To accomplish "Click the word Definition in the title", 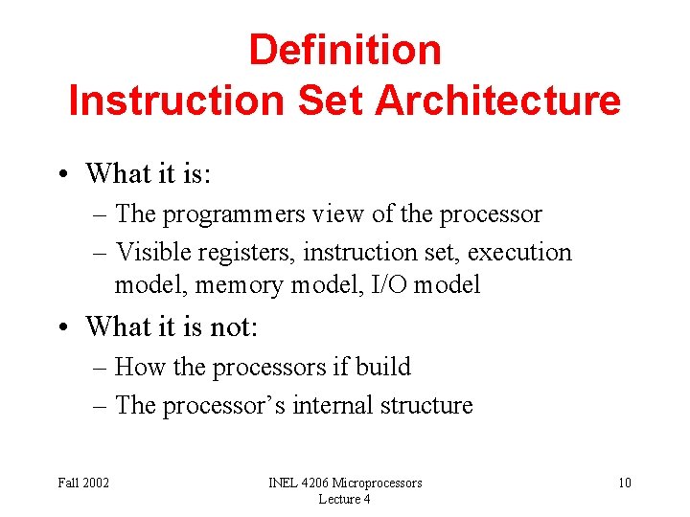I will [x=345, y=50].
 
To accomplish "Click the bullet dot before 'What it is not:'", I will [x=63, y=327].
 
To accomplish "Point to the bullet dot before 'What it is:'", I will [x=63, y=174].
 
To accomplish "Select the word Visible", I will [x=151, y=253].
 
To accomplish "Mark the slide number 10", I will [x=624, y=483].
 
